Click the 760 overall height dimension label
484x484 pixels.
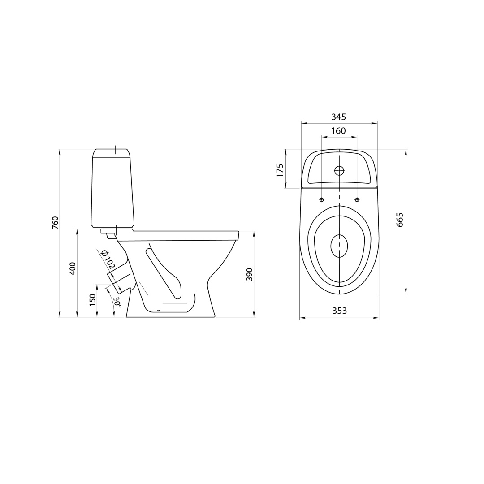55,223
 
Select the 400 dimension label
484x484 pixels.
73,268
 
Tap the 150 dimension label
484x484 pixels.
92,300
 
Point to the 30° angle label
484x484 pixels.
117,302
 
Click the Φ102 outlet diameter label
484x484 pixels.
108,259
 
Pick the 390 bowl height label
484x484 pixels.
250,274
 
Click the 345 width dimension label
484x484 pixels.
339,117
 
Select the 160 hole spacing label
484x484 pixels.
339,131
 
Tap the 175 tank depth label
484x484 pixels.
280,170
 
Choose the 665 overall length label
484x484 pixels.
400,220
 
